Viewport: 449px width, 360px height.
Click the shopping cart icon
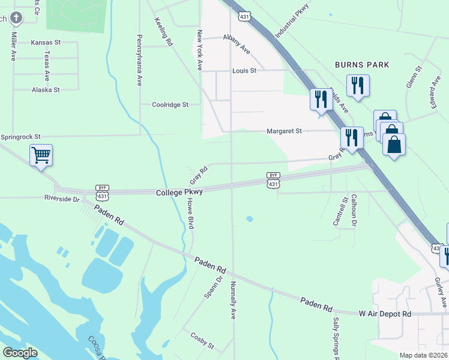[41, 155]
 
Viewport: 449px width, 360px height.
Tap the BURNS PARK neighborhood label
[362, 65]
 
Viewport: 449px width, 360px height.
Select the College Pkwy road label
[179, 193]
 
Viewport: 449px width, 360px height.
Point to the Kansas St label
[46, 43]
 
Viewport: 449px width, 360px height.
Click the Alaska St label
[46, 90]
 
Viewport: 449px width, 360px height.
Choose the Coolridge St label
[170, 104]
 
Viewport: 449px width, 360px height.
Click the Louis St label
[244, 71]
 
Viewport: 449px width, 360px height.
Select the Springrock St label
[20, 137]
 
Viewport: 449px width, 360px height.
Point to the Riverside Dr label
[62, 198]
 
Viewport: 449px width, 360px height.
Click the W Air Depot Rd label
[385, 314]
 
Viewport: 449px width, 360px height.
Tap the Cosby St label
[202, 343]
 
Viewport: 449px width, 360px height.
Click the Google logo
[20, 353]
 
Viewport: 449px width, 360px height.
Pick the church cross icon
[16, 17]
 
